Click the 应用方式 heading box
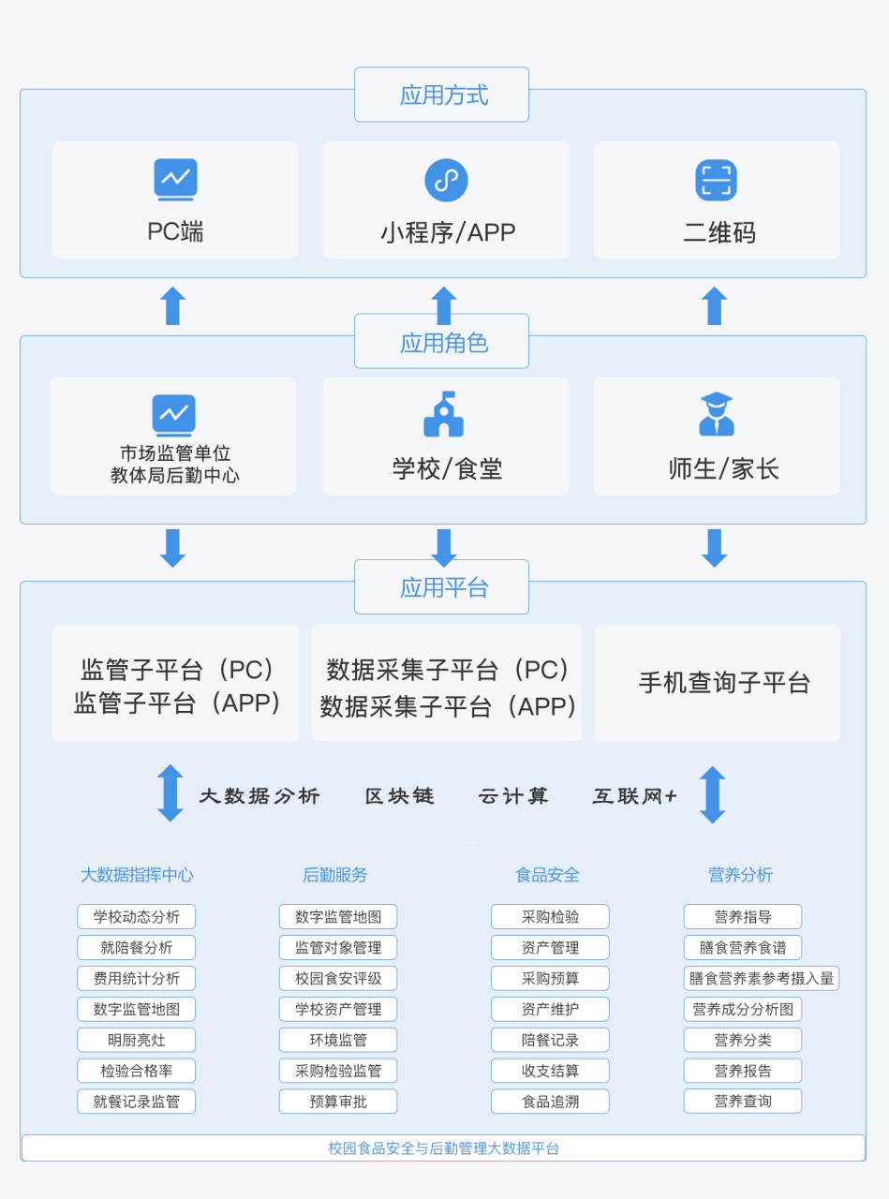point(441,95)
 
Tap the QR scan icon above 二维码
point(716,180)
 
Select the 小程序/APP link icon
point(446,180)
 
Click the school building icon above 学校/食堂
point(444,414)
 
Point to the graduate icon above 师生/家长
point(717,414)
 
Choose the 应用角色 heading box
point(441,342)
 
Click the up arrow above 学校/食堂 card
point(444,305)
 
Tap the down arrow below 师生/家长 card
point(715,548)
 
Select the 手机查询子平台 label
point(724,683)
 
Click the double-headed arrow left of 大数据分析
point(170,793)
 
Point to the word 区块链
point(400,796)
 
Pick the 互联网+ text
point(634,796)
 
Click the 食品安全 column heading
point(548,875)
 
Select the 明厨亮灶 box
point(137,1040)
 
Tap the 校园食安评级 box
point(338,978)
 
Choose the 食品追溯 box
point(550,1102)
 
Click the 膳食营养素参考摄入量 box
point(761,978)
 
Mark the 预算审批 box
point(338,1102)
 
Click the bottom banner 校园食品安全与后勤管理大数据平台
point(443,1148)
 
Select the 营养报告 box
point(743,1071)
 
